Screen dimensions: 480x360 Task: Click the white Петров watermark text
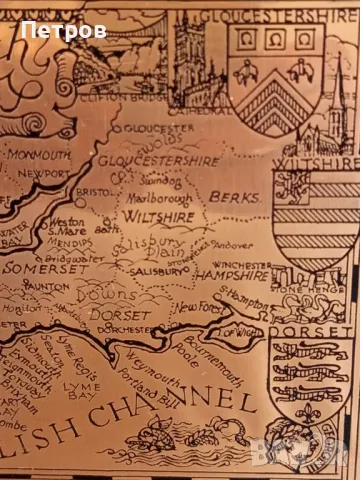[x=63, y=31]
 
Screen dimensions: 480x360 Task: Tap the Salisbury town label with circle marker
[x=150, y=271]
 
